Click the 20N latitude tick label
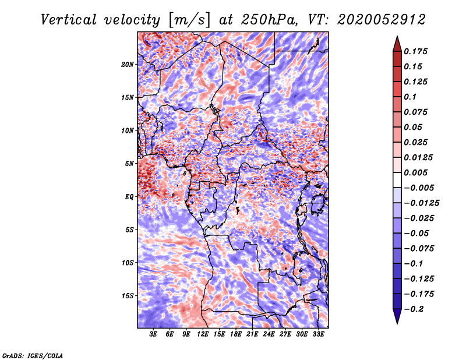[x=128, y=65]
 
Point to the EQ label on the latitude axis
[x=129, y=197]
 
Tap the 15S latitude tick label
[x=128, y=296]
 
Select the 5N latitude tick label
[x=129, y=164]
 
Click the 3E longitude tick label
[x=153, y=334]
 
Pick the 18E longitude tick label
[x=236, y=334]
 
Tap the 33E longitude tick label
[x=318, y=334]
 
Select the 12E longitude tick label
[x=203, y=334]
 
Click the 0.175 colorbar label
[x=415, y=51]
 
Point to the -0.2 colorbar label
[x=414, y=309]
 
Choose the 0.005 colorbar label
[x=415, y=172]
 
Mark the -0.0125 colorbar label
[x=421, y=203]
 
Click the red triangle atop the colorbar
[x=397, y=45]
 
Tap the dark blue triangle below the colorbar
[x=397, y=316]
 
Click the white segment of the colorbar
[x=397, y=180]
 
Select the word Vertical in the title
[x=69, y=20]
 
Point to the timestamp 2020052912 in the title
[x=382, y=20]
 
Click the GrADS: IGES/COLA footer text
[x=33, y=356]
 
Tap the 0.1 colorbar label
[x=410, y=97]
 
